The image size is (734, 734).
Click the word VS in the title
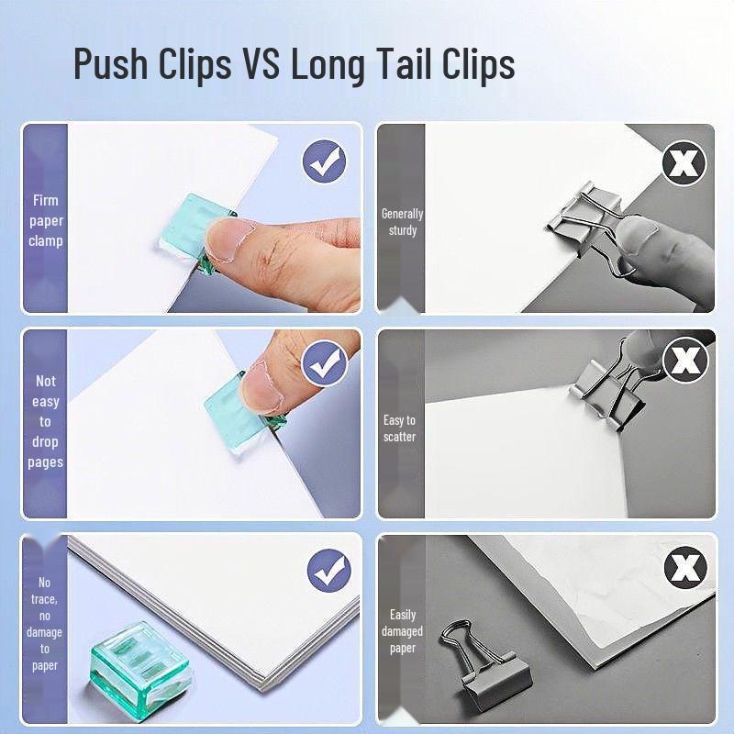click(x=261, y=63)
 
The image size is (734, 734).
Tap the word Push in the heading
click(x=110, y=63)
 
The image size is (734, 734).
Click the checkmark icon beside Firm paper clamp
click(x=324, y=162)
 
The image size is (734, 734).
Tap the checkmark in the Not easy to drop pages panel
click(x=324, y=363)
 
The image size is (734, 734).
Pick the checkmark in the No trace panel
click(x=329, y=570)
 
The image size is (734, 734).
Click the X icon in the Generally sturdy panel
click(x=684, y=163)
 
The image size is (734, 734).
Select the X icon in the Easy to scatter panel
click(x=685, y=359)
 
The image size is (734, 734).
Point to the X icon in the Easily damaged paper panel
click(x=685, y=567)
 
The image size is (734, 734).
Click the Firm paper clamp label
click(x=45, y=220)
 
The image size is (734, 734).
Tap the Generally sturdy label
click(x=402, y=222)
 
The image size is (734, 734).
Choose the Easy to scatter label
click(x=399, y=428)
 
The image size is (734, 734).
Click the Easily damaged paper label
click(x=402, y=631)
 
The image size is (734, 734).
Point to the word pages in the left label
click(x=45, y=462)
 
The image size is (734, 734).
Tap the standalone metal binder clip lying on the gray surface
click(x=487, y=661)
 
